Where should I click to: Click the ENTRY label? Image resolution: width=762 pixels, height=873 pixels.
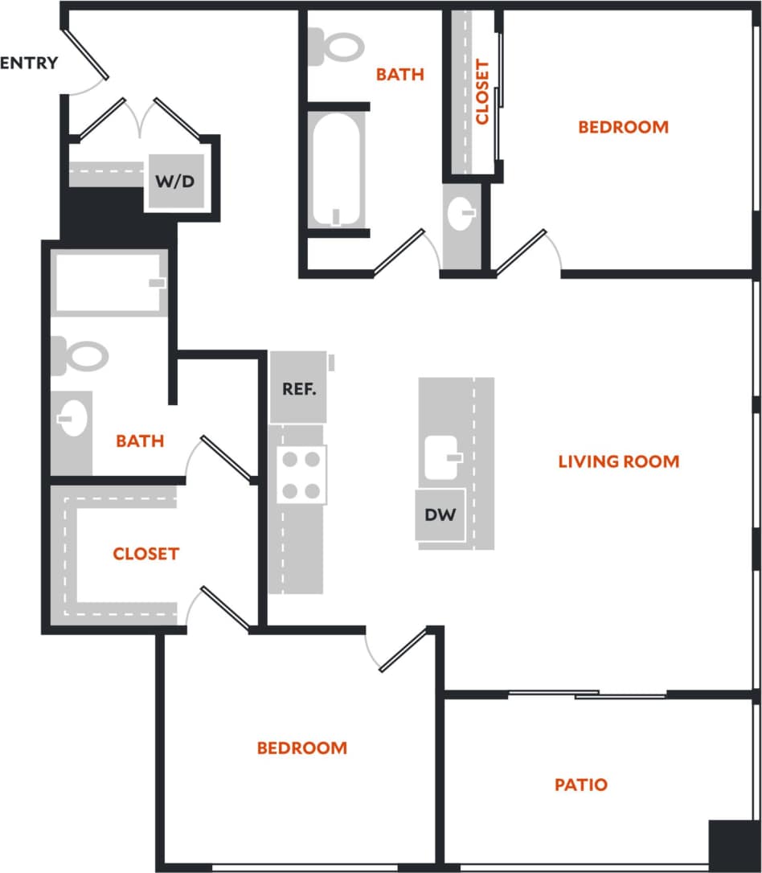point(29,63)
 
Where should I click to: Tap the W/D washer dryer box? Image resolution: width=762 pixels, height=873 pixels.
point(174,182)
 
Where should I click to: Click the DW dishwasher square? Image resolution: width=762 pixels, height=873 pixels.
point(440,514)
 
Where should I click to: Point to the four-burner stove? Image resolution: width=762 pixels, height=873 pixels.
point(301,474)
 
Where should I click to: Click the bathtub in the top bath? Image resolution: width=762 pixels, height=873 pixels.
point(336,170)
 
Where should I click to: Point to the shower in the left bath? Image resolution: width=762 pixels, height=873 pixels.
point(110,283)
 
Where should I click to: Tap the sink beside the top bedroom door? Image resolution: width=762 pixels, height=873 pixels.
point(462,214)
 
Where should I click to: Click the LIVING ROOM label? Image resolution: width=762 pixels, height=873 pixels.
point(618,461)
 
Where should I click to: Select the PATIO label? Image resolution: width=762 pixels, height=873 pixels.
point(581,785)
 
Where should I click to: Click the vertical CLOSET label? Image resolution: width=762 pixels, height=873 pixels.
point(482,92)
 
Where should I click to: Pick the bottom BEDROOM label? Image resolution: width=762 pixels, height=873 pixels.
point(302,748)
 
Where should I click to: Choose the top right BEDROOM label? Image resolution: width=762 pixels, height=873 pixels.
point(623,127)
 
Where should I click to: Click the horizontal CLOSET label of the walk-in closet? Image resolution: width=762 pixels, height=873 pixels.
point(145,554)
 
